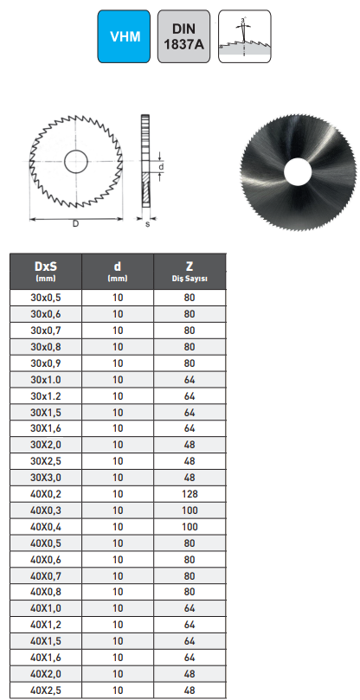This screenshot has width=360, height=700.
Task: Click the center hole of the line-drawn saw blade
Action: (74, 161)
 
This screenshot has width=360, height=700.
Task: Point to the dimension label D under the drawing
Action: (76, 224)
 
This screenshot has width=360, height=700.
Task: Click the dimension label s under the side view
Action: (148, 225)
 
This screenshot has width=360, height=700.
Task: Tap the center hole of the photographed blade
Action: (295, 170)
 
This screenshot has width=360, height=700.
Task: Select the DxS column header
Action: (45, 271)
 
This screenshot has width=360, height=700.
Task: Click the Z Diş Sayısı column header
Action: (190, 271)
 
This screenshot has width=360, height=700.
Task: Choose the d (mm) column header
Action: (118, 271)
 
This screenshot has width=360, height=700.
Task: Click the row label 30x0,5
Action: (45, 298)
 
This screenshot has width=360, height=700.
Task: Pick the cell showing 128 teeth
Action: (190, 494)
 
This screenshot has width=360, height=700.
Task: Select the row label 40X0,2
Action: (45, 494)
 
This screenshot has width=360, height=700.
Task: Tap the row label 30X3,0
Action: (45, 478)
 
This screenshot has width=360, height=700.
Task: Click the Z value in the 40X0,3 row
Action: (190, 511)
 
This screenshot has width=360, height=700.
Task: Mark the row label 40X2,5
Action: (45, 690)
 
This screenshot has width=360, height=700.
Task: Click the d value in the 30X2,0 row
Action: (118, 445)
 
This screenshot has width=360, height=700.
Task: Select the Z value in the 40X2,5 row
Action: (190, 690)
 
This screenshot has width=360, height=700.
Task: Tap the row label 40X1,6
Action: (45, 658)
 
